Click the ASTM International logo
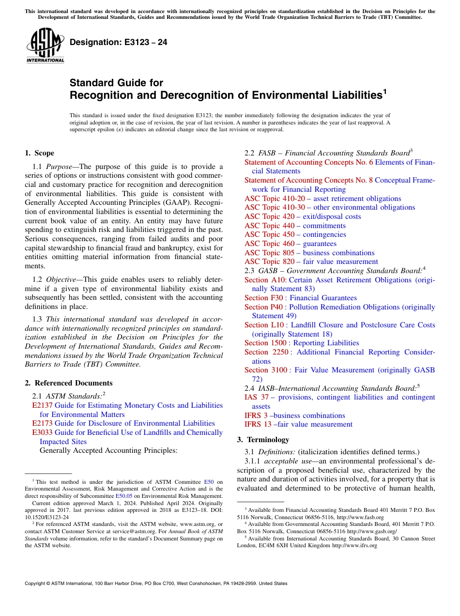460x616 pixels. pos(45,46)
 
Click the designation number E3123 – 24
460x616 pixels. pos(118,42)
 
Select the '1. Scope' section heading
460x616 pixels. pos(39,153)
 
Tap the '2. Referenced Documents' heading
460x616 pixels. pos(68,383)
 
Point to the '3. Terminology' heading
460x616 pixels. pos(262,440)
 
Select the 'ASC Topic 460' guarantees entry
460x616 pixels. pos(269,244)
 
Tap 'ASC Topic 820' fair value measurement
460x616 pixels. pos(269,262)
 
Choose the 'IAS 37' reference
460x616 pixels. pos(257,397)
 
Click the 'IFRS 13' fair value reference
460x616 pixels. pos(258,424)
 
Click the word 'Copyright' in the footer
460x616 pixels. pos(36,584)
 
